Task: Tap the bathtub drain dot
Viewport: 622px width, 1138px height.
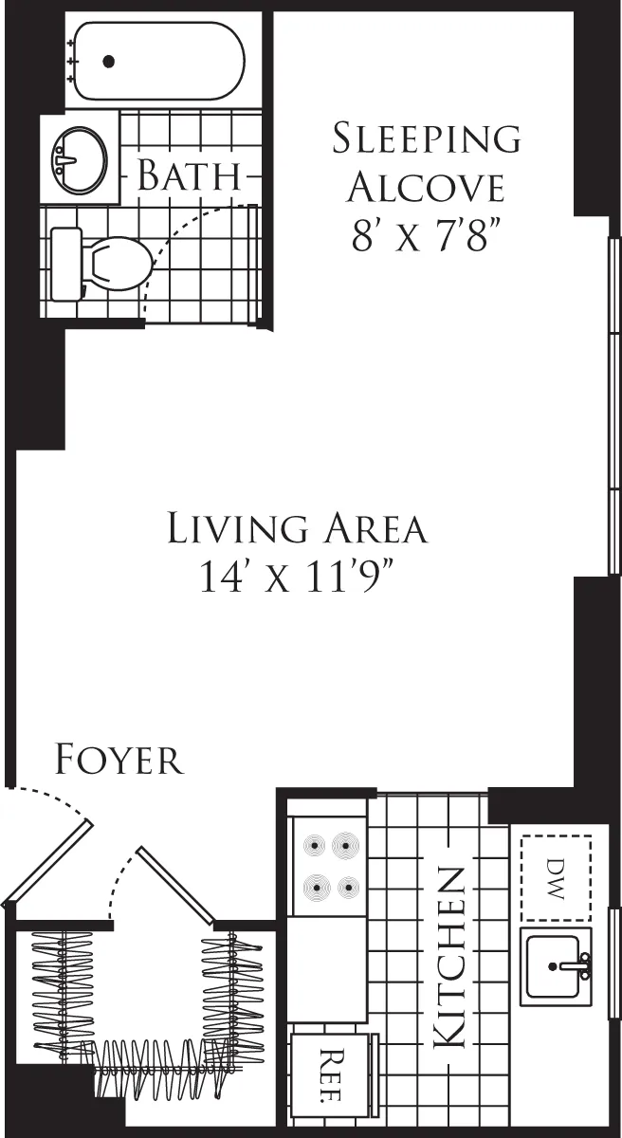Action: pos(108,62)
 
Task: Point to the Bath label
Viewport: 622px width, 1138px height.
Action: pos(188,176)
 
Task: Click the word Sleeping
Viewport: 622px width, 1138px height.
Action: pos(426,138)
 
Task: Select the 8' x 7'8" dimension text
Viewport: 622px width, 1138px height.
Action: pos(426,236)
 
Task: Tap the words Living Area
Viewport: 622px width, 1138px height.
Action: pos(297,528)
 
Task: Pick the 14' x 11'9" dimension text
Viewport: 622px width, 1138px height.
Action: pos(297,577)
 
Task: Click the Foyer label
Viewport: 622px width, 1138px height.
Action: pos(119,761)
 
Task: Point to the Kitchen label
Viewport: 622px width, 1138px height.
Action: pos(449,958)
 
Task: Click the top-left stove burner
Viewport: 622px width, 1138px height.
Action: pos(313,846)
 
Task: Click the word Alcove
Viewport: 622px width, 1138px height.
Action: pos(426,188)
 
